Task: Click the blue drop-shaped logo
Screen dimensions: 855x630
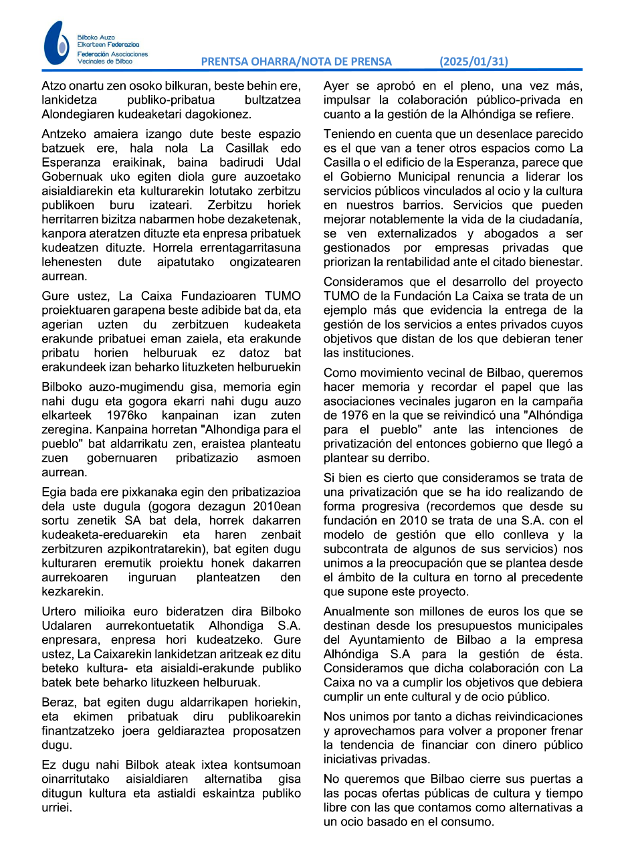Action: pos(56,43)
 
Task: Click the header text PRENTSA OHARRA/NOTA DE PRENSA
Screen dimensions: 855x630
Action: pos(296,62)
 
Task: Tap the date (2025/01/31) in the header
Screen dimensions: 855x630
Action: pos(474,62)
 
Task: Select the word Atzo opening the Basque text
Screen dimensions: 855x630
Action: pos(54,86)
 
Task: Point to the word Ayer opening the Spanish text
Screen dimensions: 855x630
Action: pos(336,86)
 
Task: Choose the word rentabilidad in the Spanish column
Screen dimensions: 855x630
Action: pos(447,262)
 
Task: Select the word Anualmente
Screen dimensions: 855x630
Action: pos(354,611)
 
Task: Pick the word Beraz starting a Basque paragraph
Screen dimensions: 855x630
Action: pos(56,702)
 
